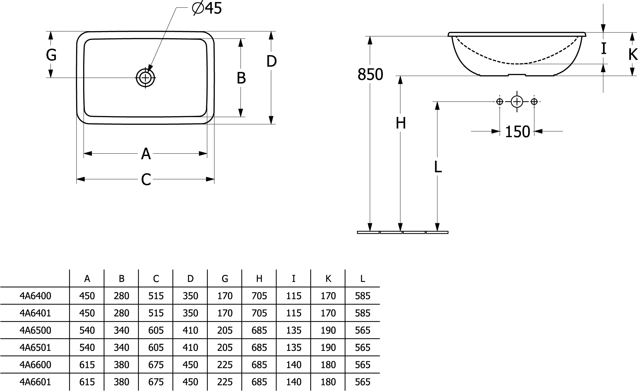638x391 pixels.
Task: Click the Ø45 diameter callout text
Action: coord(207,8)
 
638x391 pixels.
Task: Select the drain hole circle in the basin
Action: coord(146,78)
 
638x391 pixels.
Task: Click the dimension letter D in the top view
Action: coord(271,61)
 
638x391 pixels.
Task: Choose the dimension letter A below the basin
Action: coord(146,154)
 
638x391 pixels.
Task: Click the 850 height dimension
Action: coord(370,74)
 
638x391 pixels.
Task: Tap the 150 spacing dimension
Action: coord(517,131)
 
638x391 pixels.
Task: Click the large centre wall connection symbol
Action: coord(517,102)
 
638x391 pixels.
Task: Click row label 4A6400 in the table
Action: coord(35,296)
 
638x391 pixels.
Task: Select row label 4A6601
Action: coord(35,382)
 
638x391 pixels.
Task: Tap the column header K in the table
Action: coord(328,278)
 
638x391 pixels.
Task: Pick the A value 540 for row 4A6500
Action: coord(87,330)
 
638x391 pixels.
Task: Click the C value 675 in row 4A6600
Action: coord(156,365)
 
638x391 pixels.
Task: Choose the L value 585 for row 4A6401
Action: coord(362,313)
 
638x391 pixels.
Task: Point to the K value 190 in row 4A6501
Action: coord(328,348)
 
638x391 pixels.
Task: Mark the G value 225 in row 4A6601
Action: coord(225,382)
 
